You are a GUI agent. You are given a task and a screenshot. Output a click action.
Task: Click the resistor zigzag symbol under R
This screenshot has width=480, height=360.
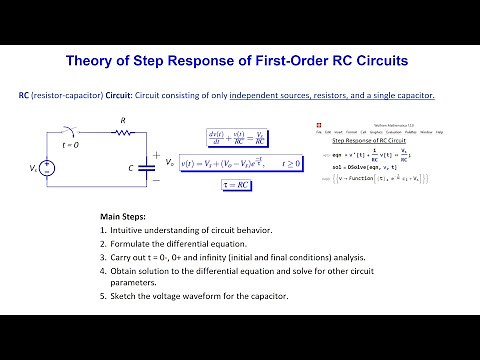click(x=125, y=138)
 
